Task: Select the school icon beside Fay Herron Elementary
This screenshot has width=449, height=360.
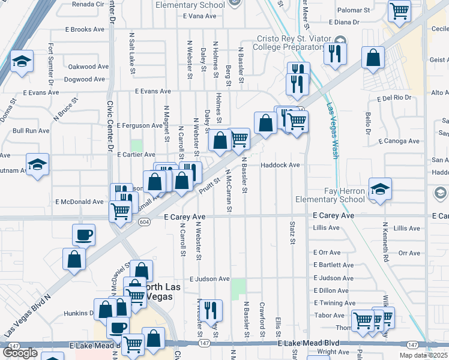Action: pos(380,189)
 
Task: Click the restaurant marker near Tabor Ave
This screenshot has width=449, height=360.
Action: pos(210,310)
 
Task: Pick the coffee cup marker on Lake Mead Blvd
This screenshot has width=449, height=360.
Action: pos(118,328)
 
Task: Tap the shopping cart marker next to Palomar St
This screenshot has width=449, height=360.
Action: pos(399,10)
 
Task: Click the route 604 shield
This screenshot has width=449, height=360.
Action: pos(143,222)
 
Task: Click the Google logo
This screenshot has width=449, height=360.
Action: pos(20,352)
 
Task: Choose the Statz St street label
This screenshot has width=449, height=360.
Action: pos(293,233)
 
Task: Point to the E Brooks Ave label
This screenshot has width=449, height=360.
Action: pos(86,29)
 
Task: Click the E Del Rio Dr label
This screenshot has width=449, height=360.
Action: pos(394,98)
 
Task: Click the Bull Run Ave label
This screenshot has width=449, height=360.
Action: pos(31,130)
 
